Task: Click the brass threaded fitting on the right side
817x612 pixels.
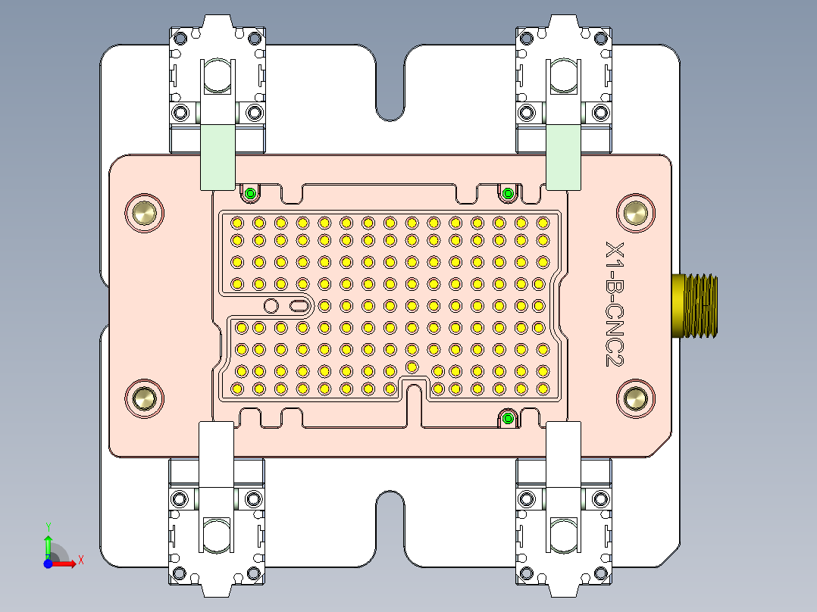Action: (x=694, y=304)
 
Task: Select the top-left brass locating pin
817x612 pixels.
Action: (x=144, y=213)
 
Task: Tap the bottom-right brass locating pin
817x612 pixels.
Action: (x=634, y=398)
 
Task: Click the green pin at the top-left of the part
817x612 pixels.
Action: (x=249, y=195)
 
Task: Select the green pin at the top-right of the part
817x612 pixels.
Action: (x=508, y=195)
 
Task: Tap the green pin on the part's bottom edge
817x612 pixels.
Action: (x=508, y=419)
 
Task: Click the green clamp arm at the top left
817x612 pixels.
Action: (x=217, y=157)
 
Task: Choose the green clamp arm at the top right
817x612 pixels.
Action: (x=564, y=157)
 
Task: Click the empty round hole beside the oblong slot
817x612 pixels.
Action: (x=271, y=306)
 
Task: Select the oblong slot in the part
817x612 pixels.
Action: (x=299, y=306)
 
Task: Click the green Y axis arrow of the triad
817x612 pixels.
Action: (x=48, y=545)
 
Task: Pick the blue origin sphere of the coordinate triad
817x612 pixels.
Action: (x=48, y=564)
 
